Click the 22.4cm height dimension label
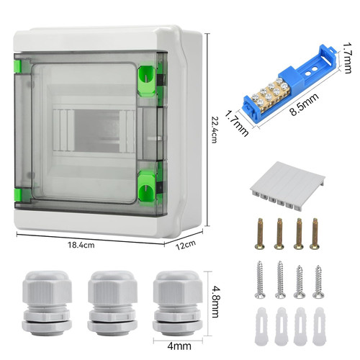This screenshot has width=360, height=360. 215,130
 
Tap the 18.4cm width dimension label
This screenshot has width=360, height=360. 81,245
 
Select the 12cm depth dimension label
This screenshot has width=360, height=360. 186,245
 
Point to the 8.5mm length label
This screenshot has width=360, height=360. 305,104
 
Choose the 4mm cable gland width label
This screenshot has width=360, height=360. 179,346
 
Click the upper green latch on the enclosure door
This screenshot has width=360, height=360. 146,81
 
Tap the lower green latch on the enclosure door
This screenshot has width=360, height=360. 146,186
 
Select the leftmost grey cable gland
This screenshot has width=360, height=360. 47,303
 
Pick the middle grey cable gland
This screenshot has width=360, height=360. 112,303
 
